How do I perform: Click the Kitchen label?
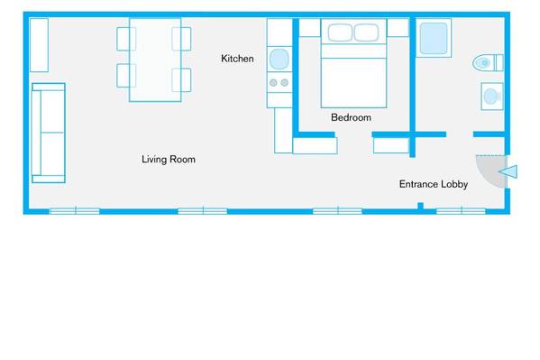tap(237, 59)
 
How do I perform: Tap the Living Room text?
tap(169, 160)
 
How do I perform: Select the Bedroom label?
tap(351, 117)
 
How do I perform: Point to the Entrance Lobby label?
tap(434, 184)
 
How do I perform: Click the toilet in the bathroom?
tap(488, 63)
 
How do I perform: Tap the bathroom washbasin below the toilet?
tap(492, 97)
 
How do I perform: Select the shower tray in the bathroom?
tap(434, 38)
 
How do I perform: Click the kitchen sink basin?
tap(279, 59)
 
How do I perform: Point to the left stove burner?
tap(273, 83)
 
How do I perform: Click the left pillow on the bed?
tap(340, 32)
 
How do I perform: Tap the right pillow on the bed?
tap(366, 32)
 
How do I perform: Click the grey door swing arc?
tap(491, 171)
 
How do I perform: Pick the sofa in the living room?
tap(48, 134)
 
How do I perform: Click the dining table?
tap(155, 60)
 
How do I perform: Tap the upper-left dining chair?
tap(126, 39)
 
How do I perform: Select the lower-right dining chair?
tap(181, 80)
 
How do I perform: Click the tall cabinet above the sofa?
tap(39, 45)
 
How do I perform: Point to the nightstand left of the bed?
tap(309, 28)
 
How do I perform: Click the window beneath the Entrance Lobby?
tap(462, 211)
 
